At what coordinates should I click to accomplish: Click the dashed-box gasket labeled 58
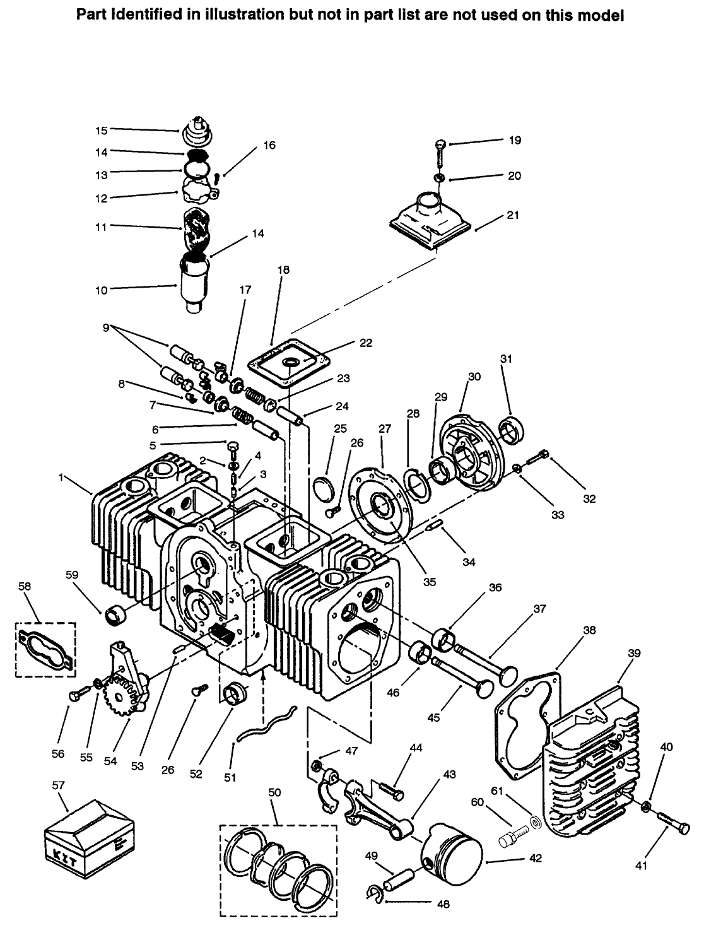(x=45, y=650)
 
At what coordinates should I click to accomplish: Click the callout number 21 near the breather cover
(x=513, y=215)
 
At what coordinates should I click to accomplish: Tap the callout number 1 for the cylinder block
(x=62, y=479)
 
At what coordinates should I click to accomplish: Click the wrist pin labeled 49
(x=399, y=878)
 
